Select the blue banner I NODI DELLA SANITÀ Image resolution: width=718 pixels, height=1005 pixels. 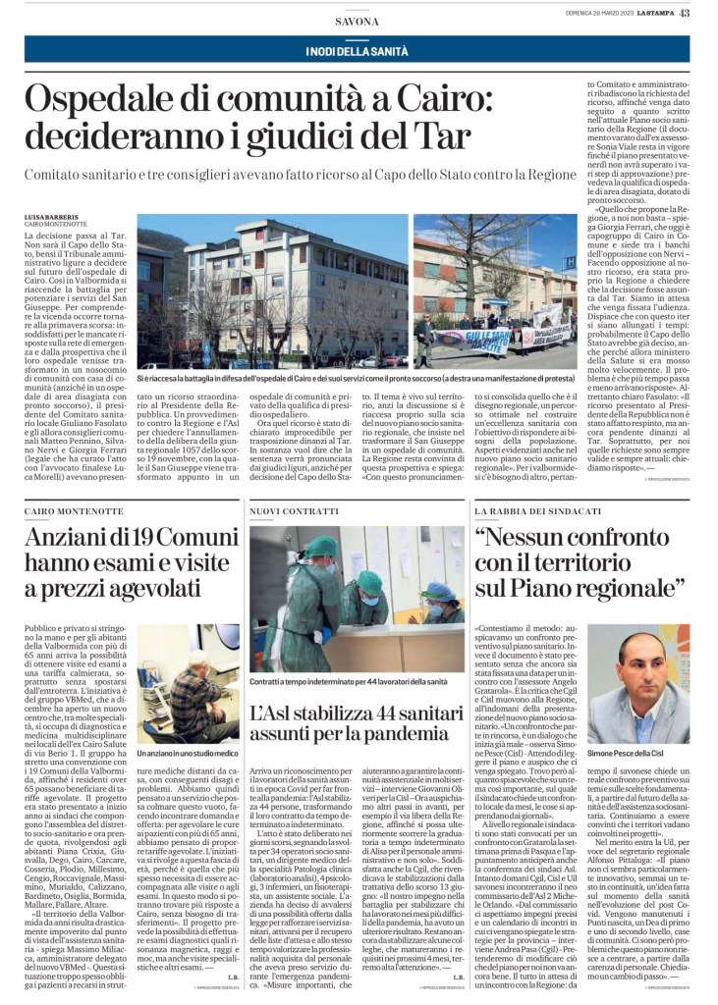358,50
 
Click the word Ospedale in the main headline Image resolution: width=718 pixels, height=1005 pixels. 109,101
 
